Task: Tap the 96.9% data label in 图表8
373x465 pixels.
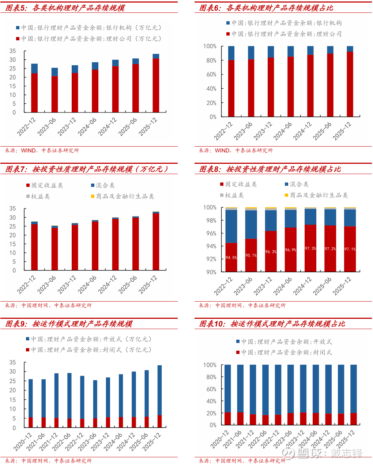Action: (290, 250)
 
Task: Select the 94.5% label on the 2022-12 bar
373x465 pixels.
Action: (231, 258)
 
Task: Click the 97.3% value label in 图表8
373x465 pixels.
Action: (310, 248)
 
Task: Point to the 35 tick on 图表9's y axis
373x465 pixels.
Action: (13, 362)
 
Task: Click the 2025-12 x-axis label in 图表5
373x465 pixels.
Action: (148, 127)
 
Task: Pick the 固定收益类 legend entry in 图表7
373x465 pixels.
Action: (45, 185)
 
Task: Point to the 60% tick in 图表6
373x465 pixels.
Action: (211, 74)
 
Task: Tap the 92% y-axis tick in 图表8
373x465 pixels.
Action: (211, 259)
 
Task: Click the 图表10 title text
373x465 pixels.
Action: (272, 324)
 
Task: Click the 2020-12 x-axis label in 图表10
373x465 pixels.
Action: (220, 439)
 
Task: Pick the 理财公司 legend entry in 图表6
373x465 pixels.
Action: (284, 34)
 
